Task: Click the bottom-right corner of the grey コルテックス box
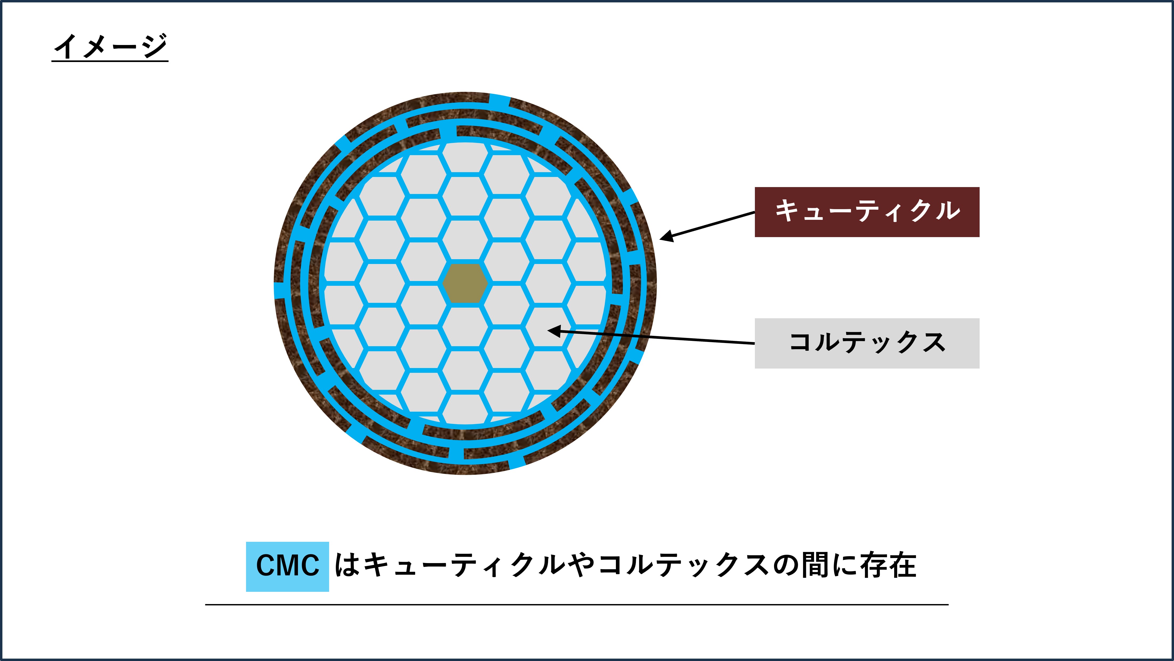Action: click(979, 368)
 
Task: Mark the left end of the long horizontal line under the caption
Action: click(206, 605)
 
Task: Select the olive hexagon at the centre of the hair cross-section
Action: click(465, 283)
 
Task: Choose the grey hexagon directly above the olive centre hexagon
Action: click(465, 239)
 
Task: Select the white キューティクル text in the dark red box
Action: click(867, 211)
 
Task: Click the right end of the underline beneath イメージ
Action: click(168, 61)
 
